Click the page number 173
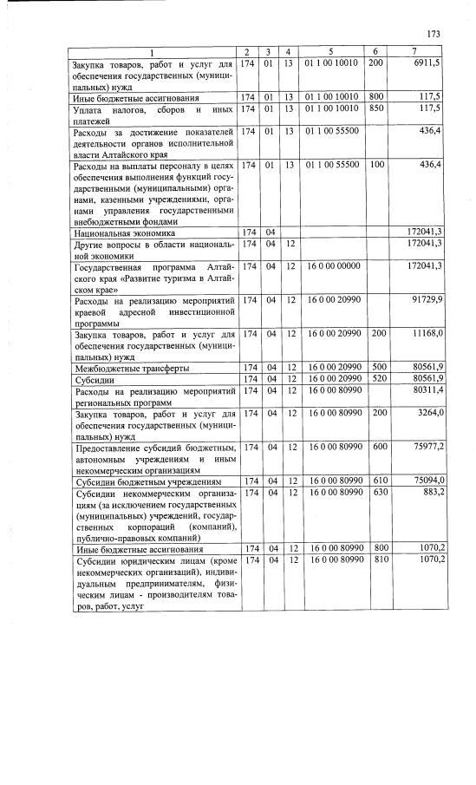tap(434, 34)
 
